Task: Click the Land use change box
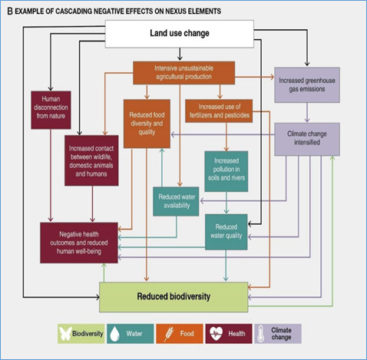180,34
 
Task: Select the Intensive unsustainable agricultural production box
183,73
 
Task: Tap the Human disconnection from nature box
51,110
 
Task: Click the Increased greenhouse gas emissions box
307,85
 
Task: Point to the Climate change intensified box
307,139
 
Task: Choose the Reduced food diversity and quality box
147,124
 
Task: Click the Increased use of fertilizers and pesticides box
219,111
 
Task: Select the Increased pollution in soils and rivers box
226,171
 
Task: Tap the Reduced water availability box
176,201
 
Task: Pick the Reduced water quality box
226,232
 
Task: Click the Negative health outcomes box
79,243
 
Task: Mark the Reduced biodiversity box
174,297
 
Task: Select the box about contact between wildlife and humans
91,160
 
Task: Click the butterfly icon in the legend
65,334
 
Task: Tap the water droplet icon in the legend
114,334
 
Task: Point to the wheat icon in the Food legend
169,334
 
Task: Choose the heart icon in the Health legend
216,334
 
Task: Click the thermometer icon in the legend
260,334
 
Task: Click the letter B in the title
10,12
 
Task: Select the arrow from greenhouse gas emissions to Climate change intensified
307,112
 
